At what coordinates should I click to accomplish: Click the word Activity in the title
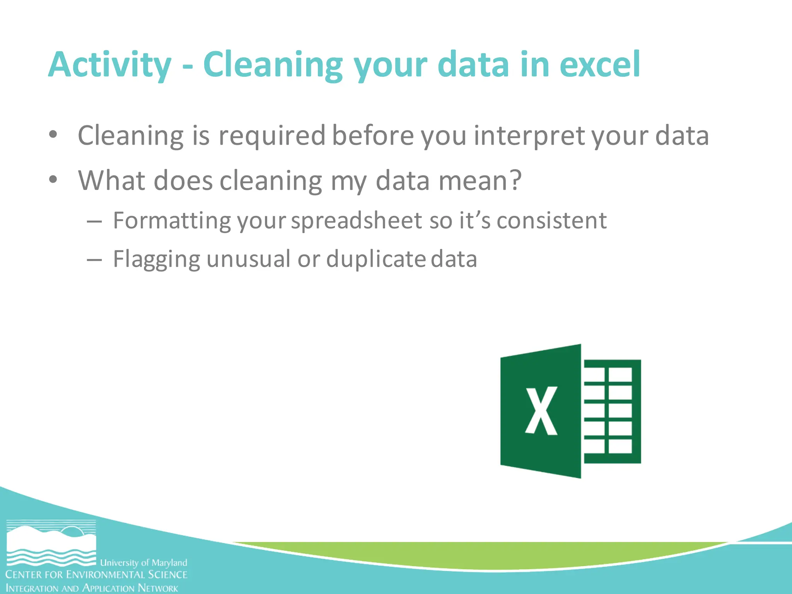(x=109, y=65)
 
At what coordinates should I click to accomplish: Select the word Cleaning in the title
(x=273, y=65)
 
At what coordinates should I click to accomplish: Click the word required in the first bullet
(x=272, y=136)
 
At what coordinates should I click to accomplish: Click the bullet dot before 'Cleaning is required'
(x=53, y=135)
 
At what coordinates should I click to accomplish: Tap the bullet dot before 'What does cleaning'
(x=53, y=180)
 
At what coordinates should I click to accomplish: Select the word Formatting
(x=172, y=221)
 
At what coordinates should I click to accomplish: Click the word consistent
(x=551, y=220)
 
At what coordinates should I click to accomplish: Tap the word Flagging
(x=156, y=259)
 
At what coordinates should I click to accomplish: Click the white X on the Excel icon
(x=541, y=411)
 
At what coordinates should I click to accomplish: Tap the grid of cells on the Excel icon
(x=612, y=411)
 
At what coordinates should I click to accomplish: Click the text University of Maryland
(x=143, y=562)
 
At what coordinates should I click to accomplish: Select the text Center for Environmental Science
(x=96, y=575)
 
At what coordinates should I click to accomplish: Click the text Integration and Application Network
(x=92, y=588)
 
